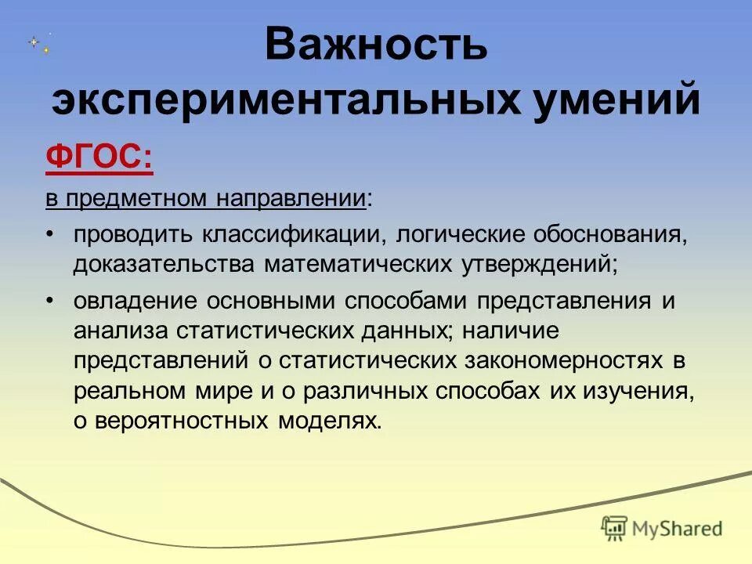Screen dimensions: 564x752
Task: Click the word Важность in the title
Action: [x=376, y=45]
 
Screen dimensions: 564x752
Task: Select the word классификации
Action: [x=295, y=235]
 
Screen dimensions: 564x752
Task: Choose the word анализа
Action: [x=121, y=331]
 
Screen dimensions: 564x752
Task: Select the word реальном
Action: [x=131, y=391]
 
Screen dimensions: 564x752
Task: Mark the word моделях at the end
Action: [x=330, y=421]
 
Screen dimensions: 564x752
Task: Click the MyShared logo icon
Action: [x=615, y=529]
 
